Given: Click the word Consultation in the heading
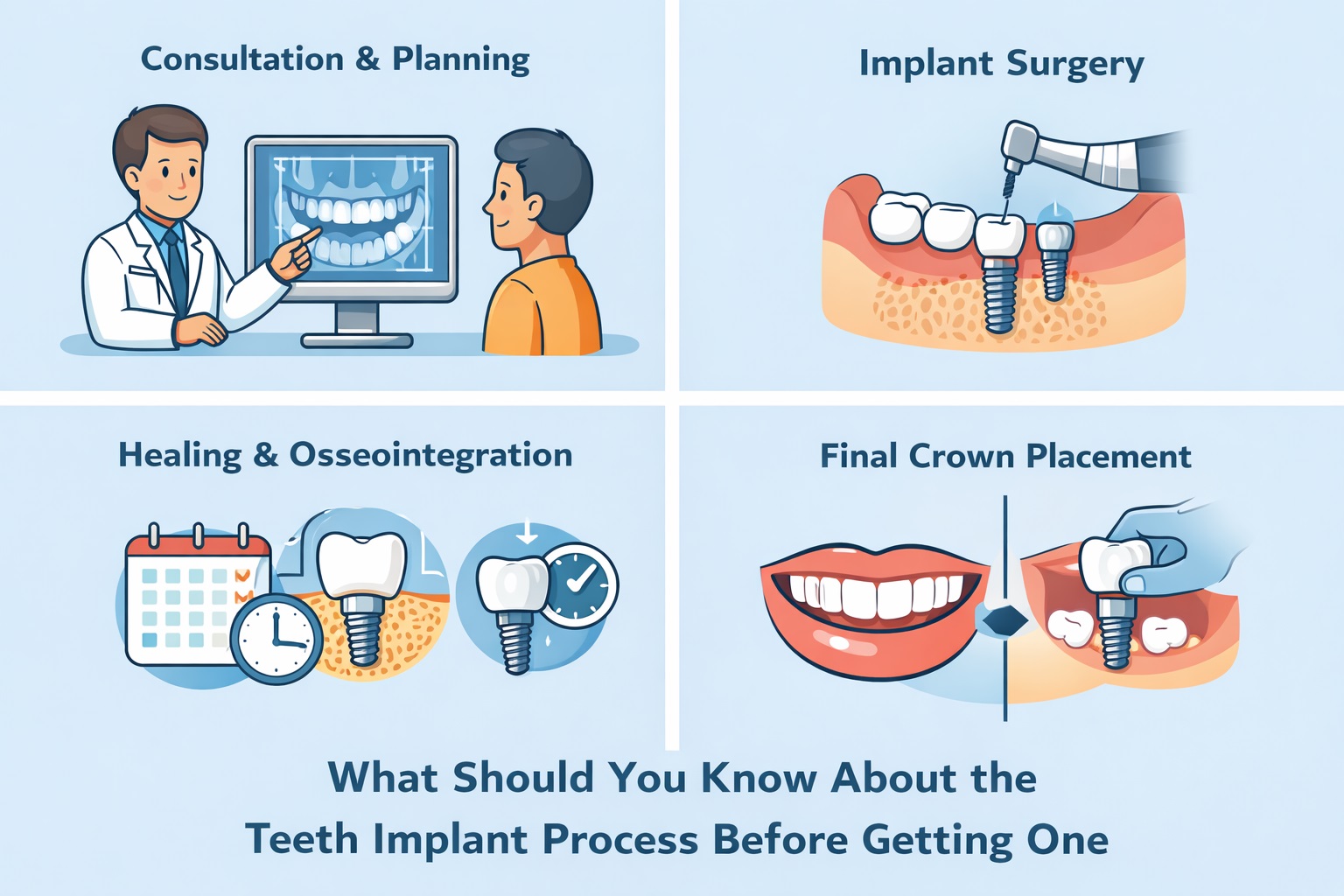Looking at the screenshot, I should pyautogui.click(x=242, y=59).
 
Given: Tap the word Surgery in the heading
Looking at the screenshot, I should pyautogui.click(x=1074, y=65).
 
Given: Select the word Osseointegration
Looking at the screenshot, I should pyautogui.click(x=430, y=455).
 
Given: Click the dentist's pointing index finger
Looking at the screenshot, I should pyautogui.click(x=306, y=235).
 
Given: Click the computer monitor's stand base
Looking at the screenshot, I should pyautogui.click(x=357, y=339).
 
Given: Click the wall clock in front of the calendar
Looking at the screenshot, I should pyautogui.click(x=276, y=639).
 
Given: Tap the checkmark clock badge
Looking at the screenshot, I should pyautogui.click(x=579, y=585).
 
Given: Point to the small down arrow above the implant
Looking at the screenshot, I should pyautogui.click(x=526, y=531).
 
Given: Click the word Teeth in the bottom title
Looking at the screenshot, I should pyautogui.click(x=301, y=839).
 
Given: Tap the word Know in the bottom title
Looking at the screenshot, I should pyautogui.click(x=758, y=778).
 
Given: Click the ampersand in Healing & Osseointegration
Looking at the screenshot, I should pyautogui.click(x=265, y=456).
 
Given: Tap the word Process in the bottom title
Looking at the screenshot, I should pyautogui.click(x=619, y=839).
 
